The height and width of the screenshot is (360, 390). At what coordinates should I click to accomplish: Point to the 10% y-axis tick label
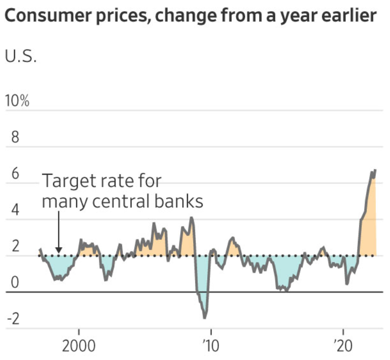17,101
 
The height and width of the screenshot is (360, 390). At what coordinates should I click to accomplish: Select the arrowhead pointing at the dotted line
58,251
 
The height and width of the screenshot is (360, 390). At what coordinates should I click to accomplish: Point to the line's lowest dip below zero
205,317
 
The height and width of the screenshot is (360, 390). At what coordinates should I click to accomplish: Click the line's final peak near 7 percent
375,170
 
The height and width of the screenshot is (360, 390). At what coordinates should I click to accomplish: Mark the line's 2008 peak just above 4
191,218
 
